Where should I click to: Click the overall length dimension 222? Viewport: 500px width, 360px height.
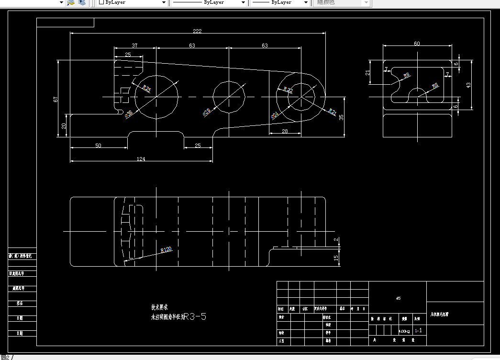click(x=197, y=31)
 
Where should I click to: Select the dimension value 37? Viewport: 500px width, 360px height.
click(x=134, y=45)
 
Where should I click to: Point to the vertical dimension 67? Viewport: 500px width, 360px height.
click(x=56, y=99)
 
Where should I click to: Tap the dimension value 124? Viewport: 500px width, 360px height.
click(x=141, y=159)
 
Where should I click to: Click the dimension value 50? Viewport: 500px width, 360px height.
click(x=98, y=145)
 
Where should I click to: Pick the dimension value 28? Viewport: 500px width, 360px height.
click(x=285, y=131)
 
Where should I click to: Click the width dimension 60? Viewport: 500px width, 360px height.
click(x=417, y=44)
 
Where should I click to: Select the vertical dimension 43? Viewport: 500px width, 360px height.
click(x=468, y=85)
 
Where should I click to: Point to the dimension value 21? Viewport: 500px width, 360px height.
click(x=367, y=72)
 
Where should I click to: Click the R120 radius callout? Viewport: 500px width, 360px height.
click(x=166, y=249)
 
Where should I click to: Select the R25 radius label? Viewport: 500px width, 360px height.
click(x=147, y=89)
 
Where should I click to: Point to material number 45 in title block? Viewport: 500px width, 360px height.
click(x=398, y=298)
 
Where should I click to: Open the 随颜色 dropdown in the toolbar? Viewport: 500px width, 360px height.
click(x=342, y=2)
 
